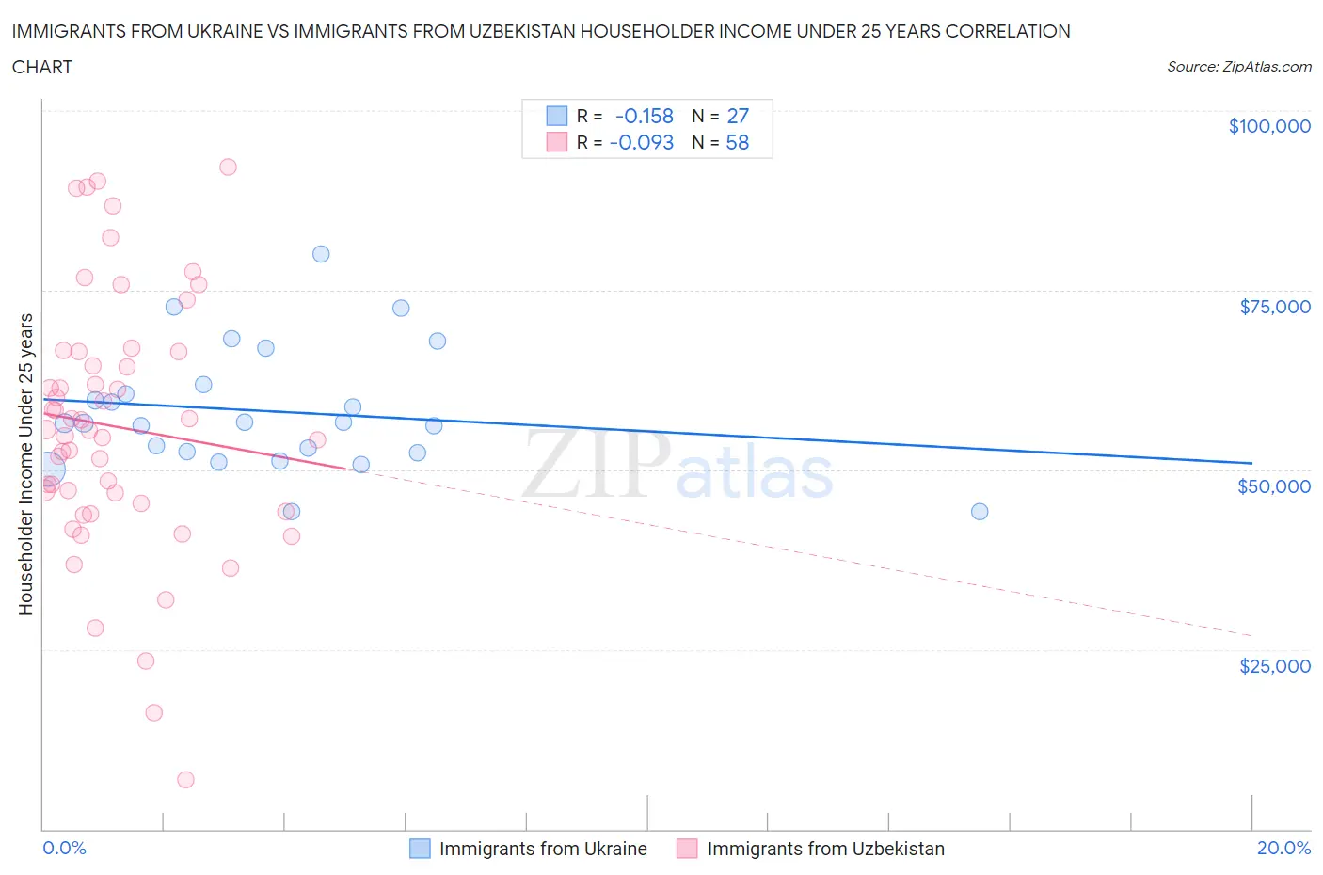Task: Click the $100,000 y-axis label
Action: click(x=1269, y=126)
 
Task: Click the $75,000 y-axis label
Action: click(x=1275, y=307)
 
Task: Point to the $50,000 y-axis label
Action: click(x=1274, y=486)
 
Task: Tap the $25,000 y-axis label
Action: click(x=1274, y=666)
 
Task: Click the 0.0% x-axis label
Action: click(x=64, y=848)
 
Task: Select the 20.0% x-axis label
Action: click(x=1283, y=848)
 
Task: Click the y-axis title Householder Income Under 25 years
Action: click(x=25, y=464)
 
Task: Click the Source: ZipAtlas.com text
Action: click(x=1238, y=67)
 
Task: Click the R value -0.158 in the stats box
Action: click(x=645, y=116)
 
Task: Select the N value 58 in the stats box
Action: click(x=738, y=143)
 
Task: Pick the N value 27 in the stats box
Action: click(x=738, y=116)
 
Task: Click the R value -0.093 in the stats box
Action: click(x=642, y=143)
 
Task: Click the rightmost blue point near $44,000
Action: click(x=980, y=512)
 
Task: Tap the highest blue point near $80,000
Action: click(x=321, y=254)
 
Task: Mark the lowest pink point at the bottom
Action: click(x=185, y=780)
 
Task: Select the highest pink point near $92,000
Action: click(x=228, y=167)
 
